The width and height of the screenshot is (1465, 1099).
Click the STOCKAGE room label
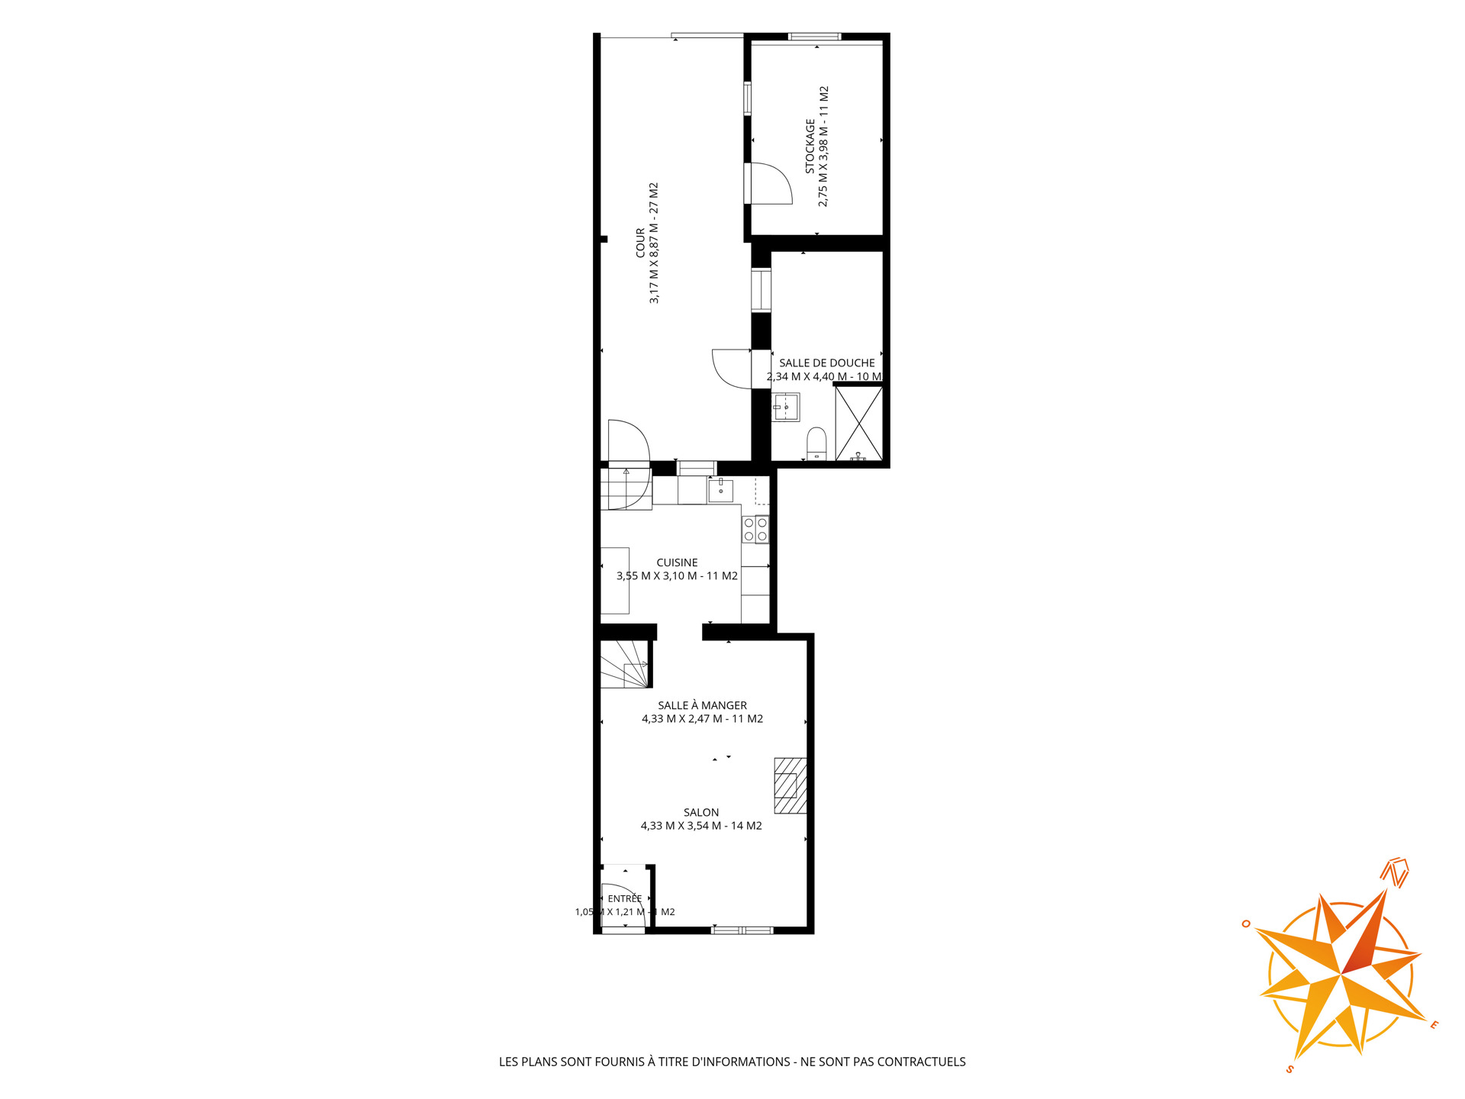(810, 146)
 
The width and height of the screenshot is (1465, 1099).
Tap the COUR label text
(640, 243)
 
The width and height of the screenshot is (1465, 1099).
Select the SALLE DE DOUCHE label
(827, 363)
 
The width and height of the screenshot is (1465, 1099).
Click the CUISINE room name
(678, 562)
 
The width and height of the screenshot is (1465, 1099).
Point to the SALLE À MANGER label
(703, 705)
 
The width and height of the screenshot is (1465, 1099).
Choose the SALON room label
(701, 813)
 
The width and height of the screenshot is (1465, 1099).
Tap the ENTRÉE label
(625, 898)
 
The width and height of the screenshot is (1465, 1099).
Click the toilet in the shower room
(816, 443)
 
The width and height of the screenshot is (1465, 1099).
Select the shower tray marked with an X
(859, 424)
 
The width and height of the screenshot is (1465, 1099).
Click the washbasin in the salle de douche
(786, 408)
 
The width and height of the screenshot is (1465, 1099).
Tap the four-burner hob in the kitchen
(755, 530)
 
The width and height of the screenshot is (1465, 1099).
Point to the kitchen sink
(720, 490)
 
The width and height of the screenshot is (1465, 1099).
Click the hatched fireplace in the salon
(790, 786)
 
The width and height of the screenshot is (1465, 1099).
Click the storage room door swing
(772, 183)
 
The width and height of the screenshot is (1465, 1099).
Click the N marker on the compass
(1396, 874)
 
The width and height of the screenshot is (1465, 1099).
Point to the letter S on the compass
(1290, 1068)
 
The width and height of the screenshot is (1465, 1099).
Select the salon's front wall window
(742, 930)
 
